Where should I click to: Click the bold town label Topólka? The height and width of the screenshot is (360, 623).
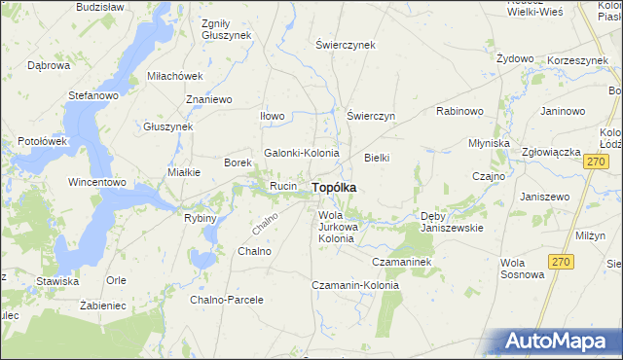[x=333, y=187]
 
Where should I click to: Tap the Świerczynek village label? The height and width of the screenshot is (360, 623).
[x=346, y=45]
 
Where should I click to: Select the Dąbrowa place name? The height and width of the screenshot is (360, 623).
[x=49, y=66]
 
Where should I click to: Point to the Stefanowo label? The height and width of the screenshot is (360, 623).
[x=92, y=96]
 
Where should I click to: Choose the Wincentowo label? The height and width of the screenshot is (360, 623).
[x=97, y=182]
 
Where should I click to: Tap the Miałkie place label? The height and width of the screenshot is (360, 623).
[x=184, y=172]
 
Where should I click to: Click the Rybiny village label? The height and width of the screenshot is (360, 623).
[x=200, y=218]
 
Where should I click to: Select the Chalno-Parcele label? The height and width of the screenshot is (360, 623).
[x=227, y=300]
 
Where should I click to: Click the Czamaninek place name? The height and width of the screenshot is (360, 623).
[x=401, y=262]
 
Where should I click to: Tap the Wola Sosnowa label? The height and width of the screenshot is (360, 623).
[x=522, y=268]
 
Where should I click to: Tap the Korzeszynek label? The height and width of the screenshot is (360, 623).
[x=578, y=59]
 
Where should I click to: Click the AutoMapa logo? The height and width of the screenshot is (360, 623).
[x=562, y=342]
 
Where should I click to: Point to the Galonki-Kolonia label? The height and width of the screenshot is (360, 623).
[x=302, y=153]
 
